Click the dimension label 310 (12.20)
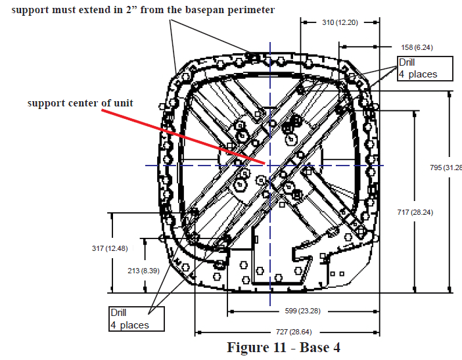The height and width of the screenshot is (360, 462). tap(340, 22)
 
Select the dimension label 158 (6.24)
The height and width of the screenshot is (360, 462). tap(417, 47)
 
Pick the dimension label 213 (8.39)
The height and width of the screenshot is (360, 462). tap(141, 270)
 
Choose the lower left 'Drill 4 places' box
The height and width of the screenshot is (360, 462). tap(137, 319)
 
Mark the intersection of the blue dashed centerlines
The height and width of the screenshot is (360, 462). tap(269, 165)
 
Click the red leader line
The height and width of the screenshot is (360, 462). tap(197, 137)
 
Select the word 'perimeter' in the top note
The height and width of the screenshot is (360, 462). tap(250, 10)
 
